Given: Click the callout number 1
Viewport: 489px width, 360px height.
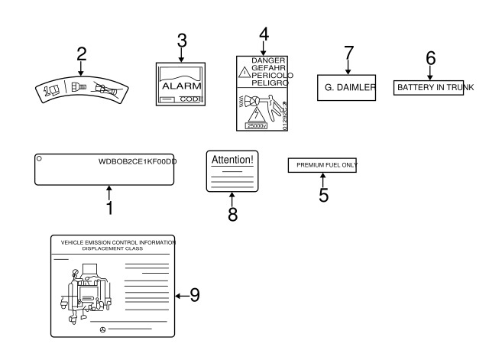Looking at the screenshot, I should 109,206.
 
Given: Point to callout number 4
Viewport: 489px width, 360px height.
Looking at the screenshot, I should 264,34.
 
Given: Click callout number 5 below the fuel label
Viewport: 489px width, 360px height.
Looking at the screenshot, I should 323,194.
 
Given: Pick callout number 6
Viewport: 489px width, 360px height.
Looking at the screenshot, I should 429,57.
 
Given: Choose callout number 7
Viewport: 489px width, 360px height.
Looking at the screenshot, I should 348,54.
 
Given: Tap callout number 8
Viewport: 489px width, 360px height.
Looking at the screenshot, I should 232,214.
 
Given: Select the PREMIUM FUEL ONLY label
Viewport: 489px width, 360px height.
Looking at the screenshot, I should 322,164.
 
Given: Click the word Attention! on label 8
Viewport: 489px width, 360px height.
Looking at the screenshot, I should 232,161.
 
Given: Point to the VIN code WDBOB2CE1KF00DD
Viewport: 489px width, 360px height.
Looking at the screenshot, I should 137,161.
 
